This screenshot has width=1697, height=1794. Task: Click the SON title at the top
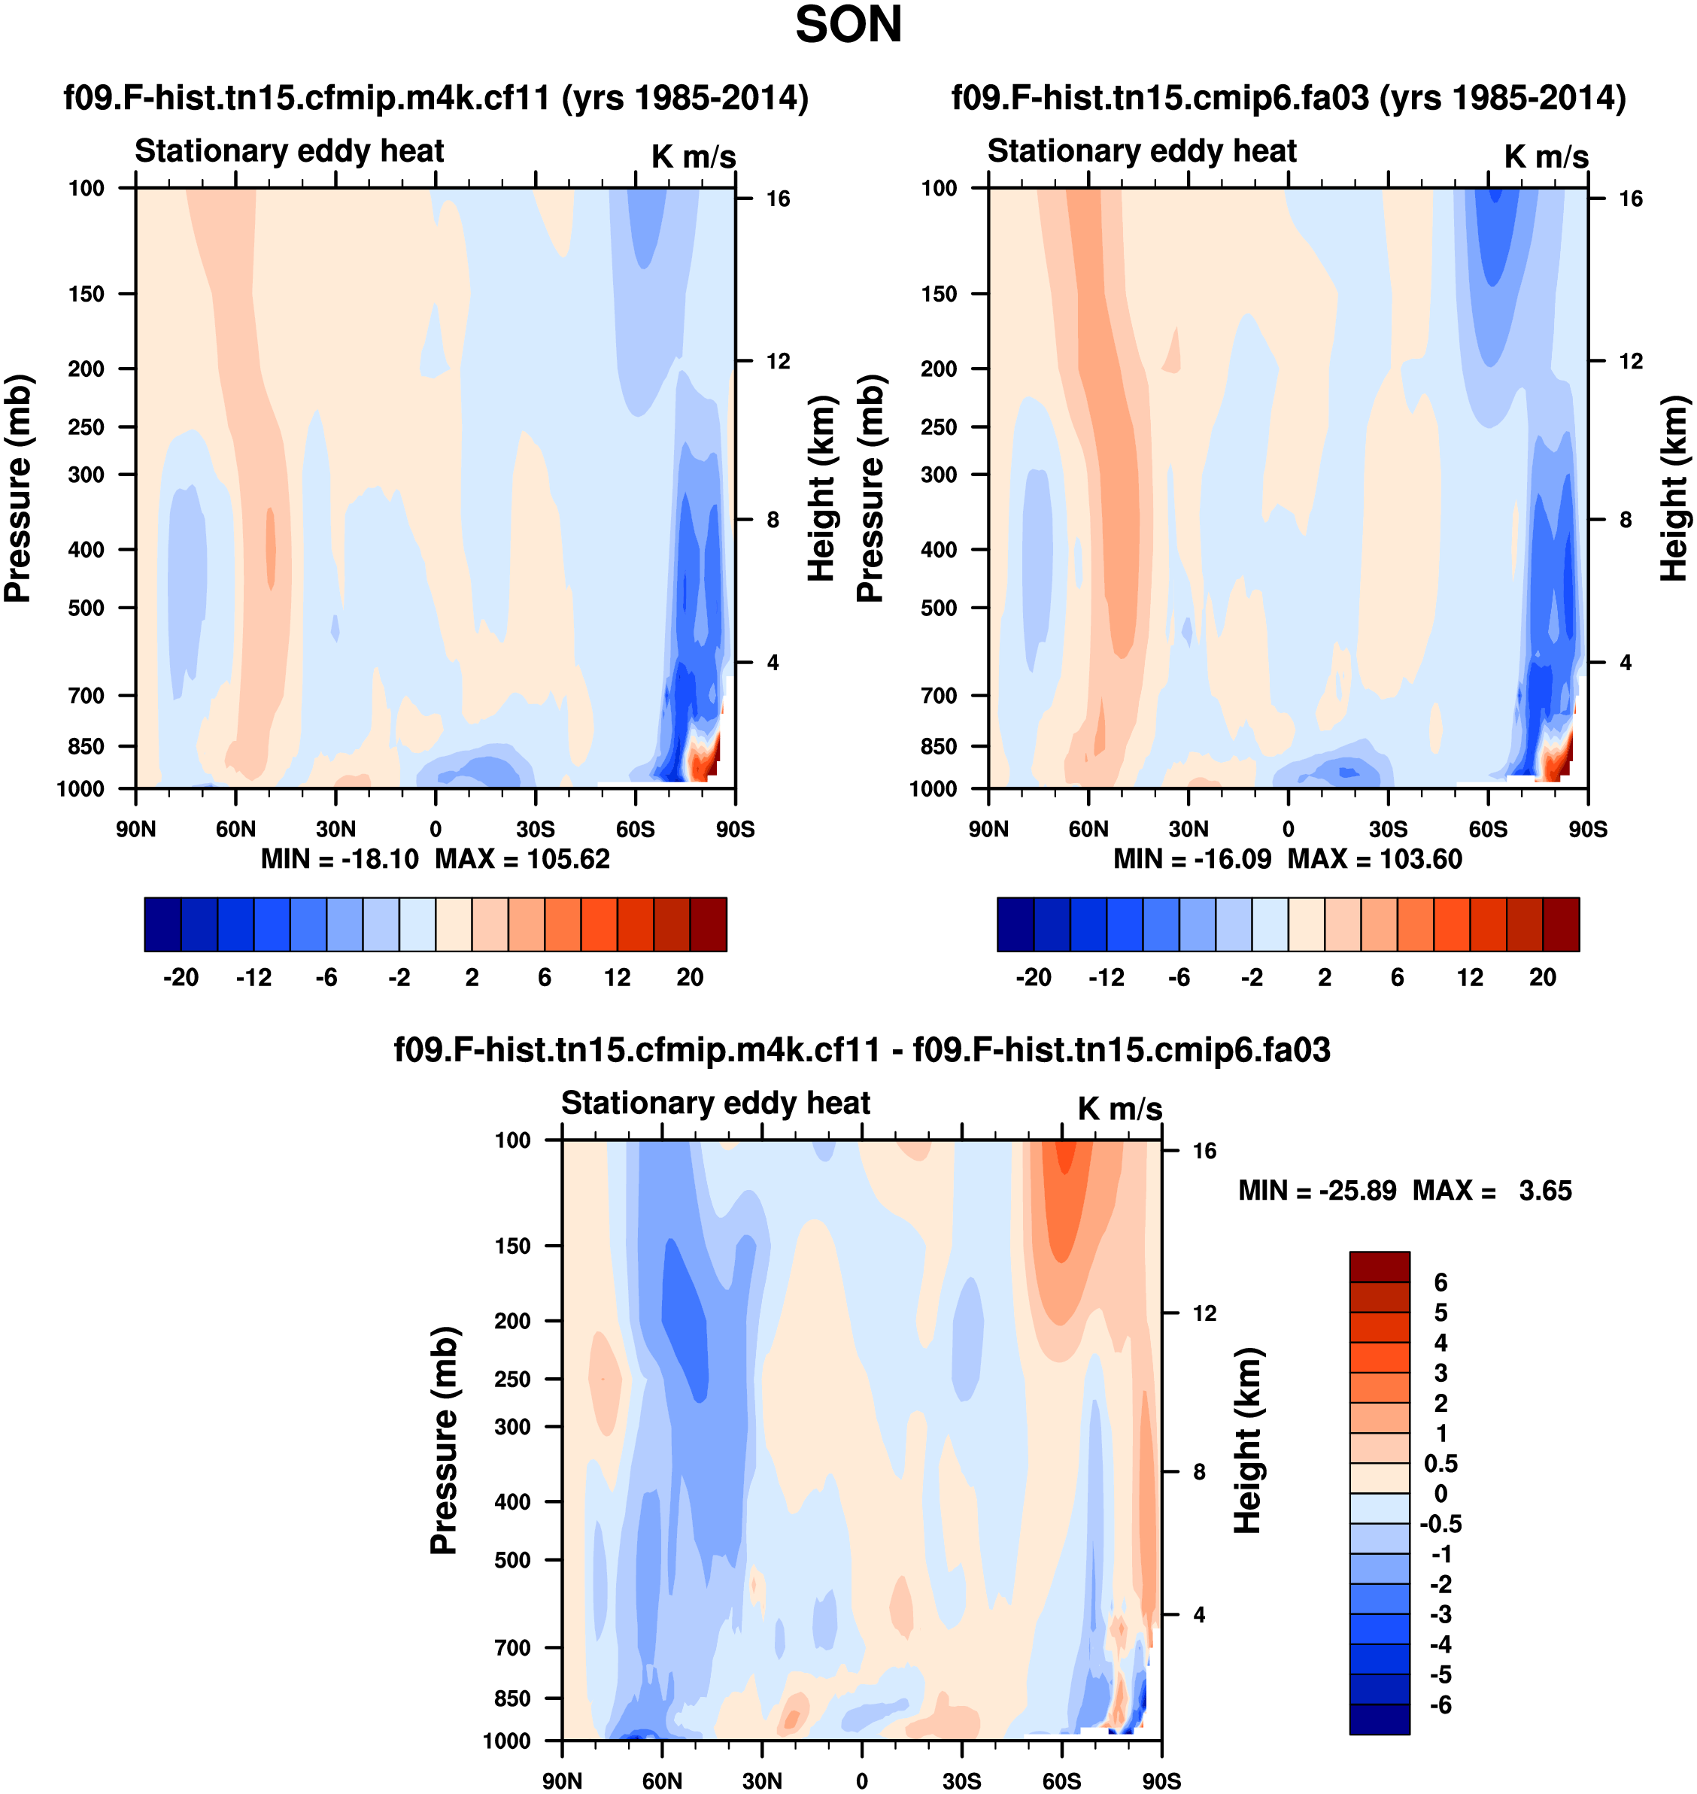(x=848, y=26)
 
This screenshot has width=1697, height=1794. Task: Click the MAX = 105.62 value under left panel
(x=522, y=858)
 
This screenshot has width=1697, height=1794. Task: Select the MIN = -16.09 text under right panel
(x=1192, y=858)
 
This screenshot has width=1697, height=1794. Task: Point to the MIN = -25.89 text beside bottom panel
(x=1316, y=1191)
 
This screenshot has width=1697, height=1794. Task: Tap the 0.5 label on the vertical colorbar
(x=1440, y=1463)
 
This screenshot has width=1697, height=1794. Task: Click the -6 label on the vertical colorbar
(x=1440, y=1704)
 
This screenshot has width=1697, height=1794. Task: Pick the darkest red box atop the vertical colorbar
(x=1379, y=1267)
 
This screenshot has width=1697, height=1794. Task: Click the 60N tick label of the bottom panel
(x=662, y=1780)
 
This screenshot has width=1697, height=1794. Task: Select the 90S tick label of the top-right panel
(x=1587, y=829)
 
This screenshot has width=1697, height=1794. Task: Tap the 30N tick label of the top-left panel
(x=335, y=829)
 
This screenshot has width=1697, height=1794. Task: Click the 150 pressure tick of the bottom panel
(x=512, y=1246)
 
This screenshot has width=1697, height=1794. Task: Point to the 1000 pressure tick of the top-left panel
(x=80, y=789)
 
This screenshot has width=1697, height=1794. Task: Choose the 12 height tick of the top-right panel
(x=1630, y=361)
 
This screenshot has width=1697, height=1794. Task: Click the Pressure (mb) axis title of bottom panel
(x=443, y=1440)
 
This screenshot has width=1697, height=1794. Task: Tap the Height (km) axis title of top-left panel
(x=820, y=488)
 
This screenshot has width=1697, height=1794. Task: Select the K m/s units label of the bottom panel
(x=1119, y=1108)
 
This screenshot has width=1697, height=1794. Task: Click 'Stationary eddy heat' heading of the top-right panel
(x=1142, y=151)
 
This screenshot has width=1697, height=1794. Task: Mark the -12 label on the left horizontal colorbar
(x=253, y=977)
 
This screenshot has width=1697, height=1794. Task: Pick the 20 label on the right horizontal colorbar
(x=1542, y=977)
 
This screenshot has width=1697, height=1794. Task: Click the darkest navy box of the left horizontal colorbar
(x=162, y=924)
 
